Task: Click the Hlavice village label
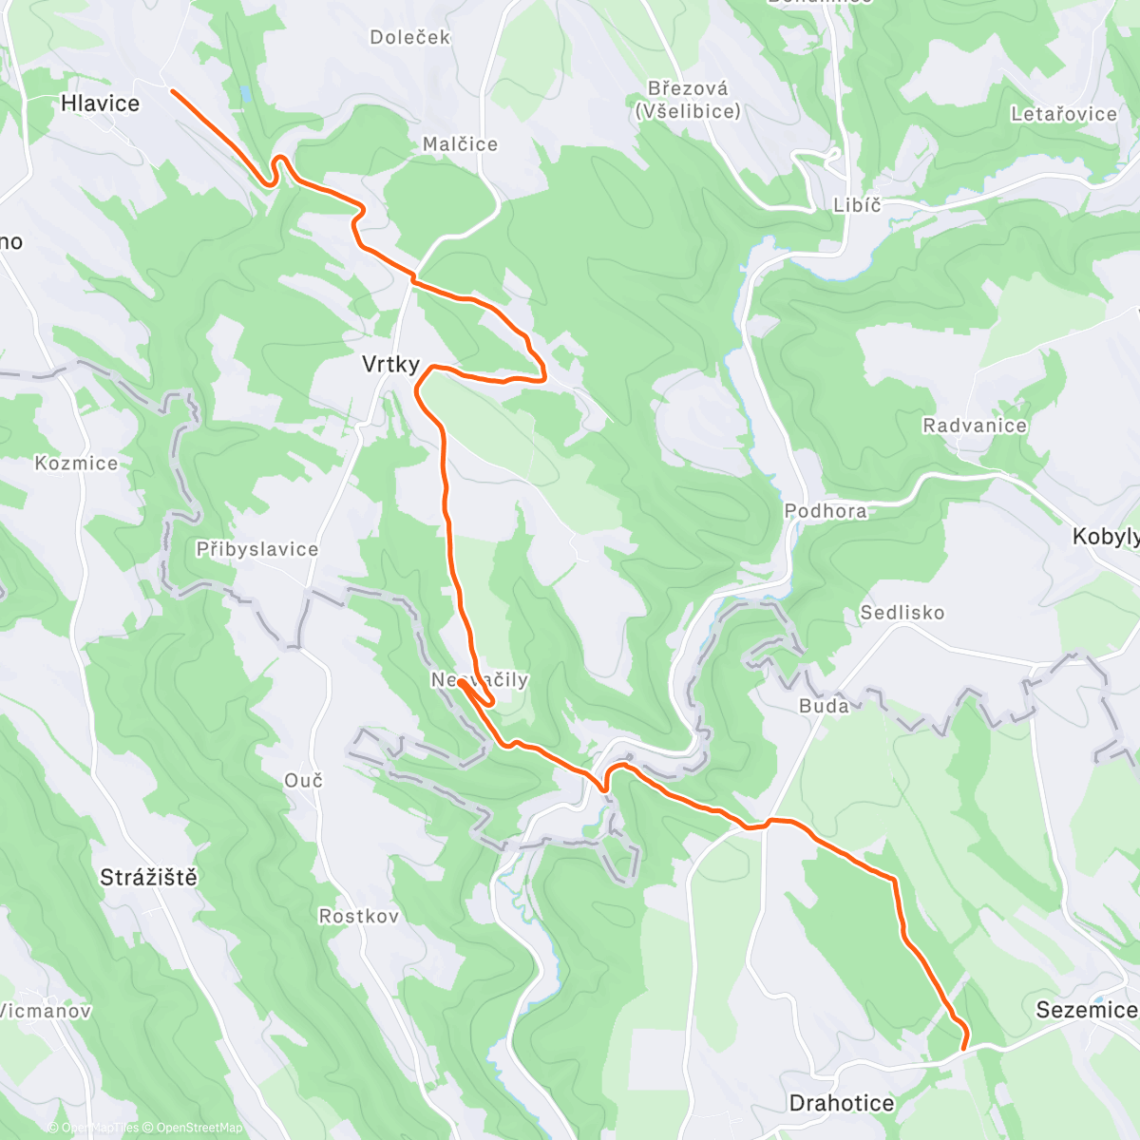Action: tap(100, 104)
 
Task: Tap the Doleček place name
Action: tap(410, 38)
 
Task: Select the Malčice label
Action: tap(460, 144)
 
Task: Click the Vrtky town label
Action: tap(390, 364)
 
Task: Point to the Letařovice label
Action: tap(1064, 114)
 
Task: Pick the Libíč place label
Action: tap(857, 205)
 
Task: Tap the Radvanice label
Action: tap(975, 426)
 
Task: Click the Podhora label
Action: tap(826, 511)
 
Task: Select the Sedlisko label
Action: tap(902, 613)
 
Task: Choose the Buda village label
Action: tap(824, 706)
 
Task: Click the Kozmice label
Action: tap(76, 464)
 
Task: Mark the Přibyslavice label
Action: tap(257, 549)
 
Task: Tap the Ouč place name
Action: tap(304, 781)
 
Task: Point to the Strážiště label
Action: tap(149, 878)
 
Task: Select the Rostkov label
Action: tap(359, 917)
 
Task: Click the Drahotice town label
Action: tap(842, 1103)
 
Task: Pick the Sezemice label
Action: tap(1086, 1010)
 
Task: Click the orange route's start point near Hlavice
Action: tap(172, 90)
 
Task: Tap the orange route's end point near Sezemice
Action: tap(964, 1049)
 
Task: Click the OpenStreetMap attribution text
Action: tap(199, 1128)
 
